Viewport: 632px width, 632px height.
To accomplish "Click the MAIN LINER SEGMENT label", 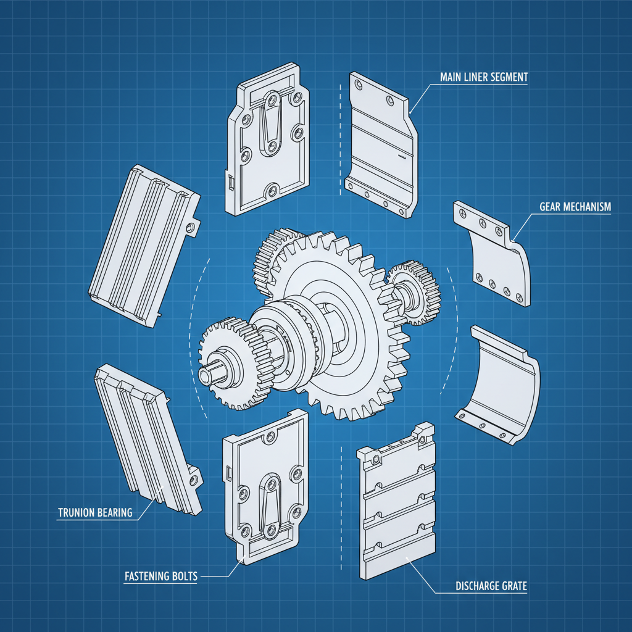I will click(484, 77).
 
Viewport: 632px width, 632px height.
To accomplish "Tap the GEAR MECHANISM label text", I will click(575, 207).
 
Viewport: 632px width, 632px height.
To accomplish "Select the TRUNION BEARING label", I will click(95, 512).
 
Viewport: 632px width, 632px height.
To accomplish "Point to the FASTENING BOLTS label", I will click(161, 576).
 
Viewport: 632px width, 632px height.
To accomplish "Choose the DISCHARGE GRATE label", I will click(491, 586).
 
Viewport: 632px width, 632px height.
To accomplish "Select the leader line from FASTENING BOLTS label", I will click(222, 574).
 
